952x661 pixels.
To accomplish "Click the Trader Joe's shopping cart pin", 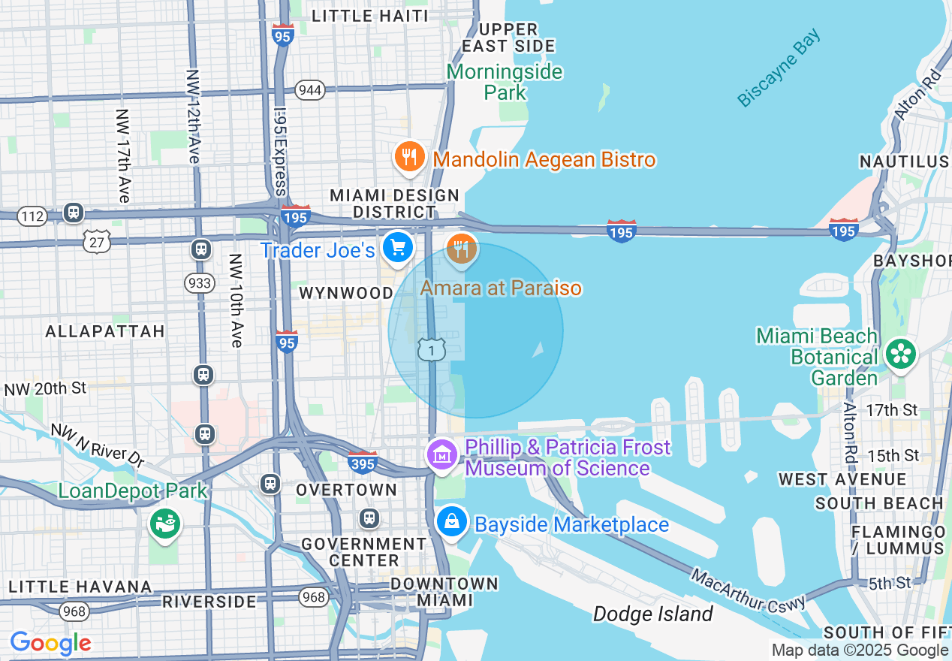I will [x=397, y=247].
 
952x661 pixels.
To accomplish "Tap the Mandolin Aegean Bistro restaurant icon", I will [x=409, y=157].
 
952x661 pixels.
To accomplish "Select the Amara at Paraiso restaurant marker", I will [x=462, y=248].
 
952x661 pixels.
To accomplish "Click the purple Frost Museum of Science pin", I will [x=443, y=454].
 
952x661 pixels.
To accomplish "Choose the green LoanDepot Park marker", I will [x=164, y=521].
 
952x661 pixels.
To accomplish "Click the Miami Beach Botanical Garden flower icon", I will [x=900, y=354].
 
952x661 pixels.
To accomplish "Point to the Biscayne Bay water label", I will [x=779, y=68].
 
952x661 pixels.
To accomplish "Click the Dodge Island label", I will [x=652, y=614].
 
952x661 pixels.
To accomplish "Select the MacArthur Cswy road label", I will [x=749, y=590].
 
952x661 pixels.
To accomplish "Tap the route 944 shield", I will [x=309, y=90].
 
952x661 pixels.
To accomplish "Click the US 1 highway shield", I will [x=432, y=349].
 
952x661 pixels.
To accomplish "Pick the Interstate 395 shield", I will [x=363, y=463].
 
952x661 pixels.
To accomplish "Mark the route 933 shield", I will [x=199, y=282].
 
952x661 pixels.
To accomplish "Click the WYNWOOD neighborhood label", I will [x=346, y=293].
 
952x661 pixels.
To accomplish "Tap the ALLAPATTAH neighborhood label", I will [x=105, y=331].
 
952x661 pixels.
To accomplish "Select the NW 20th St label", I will [x=46, y=389].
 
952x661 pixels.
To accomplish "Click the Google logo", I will [x=50, y=644].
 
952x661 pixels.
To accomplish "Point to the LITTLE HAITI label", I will [x=369, y=16].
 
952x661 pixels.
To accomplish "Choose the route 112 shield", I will [x=32, y=217].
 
